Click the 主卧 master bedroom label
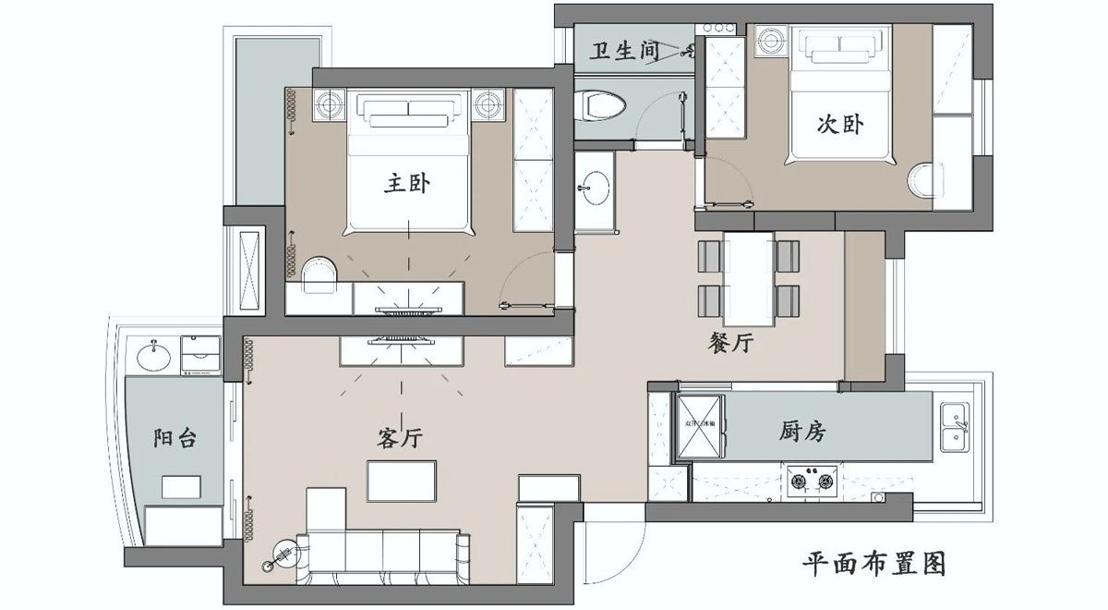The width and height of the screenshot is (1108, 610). click(x=407, y=184)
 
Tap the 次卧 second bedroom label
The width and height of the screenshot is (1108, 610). click(x=839, y=124)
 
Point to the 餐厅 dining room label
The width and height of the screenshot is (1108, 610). click(x=731, y=344)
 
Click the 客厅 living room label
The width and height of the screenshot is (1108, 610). click(x=400, y=438)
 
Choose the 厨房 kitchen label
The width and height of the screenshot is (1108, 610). click(x=802, y=431)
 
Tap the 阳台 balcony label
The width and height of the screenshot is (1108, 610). click(x=175, y=437)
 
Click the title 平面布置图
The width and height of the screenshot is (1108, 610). click(x=873, y=563)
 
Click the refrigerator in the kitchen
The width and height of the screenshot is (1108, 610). click(x=702, y=426)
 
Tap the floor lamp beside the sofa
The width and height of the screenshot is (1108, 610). click(x=283, y=557)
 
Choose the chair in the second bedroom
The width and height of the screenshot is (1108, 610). click(x=922, y=179)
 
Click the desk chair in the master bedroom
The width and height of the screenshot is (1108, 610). click(x=319, y=272)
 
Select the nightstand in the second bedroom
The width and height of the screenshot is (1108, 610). click(x=769, y=42)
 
